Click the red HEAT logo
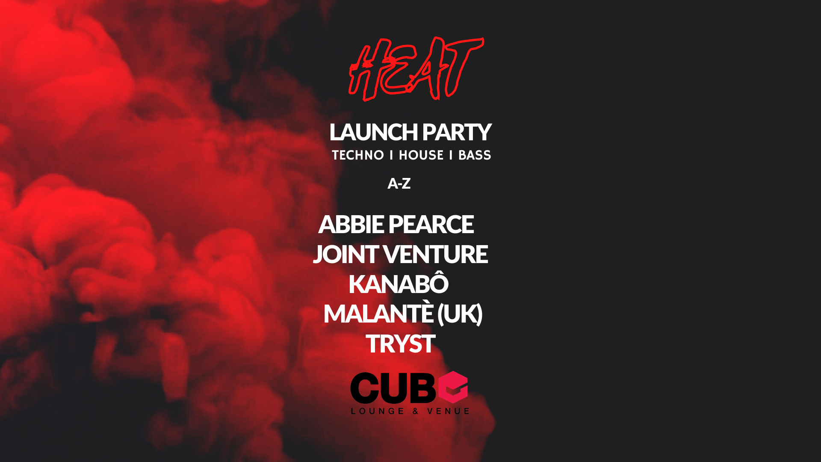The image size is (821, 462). [416, 69]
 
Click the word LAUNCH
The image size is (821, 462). [373, 132]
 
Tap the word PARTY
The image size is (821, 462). [457, 132]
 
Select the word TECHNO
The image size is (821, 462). [358, 155]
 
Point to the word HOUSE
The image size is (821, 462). [421, 155]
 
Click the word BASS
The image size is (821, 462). [475, 155]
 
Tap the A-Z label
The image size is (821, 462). [399, 184]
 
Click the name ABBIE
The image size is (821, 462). [351, 224]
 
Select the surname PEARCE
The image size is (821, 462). [431, 224]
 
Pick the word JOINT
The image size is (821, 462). [346, 254]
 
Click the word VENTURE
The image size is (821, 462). [436, 254]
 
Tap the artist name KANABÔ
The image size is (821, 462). [399, 283]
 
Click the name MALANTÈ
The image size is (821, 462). [378, 313]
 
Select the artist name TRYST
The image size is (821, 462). [401, 344]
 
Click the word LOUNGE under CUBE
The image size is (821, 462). [378, 411]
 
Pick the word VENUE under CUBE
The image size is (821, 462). [448, 411]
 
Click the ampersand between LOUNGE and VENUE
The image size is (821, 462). [416, 411]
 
